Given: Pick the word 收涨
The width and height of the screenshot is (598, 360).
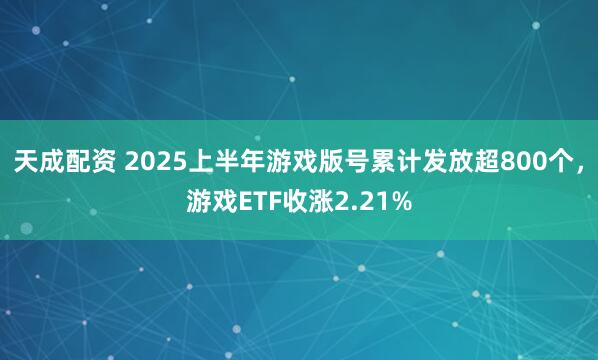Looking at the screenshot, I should [x=307, y=203].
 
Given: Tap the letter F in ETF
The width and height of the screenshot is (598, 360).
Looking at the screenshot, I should [x=272, y=203].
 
